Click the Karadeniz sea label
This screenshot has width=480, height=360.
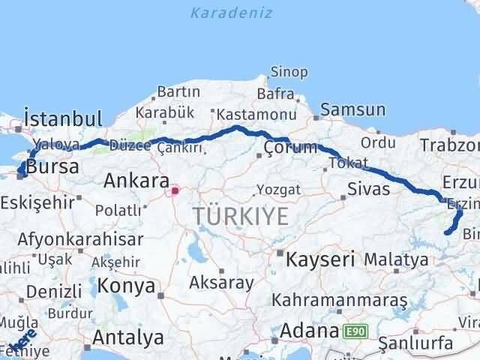[x=231, y=13]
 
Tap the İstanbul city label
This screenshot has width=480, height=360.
[x=63, y=118]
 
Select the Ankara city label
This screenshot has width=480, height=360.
[x=136, y=180]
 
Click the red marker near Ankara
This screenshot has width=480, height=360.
[x=175, y=190]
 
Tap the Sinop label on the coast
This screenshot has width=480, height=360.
[x=289, y=73]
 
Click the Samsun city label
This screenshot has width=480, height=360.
[x=353, y=110]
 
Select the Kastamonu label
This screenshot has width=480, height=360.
[x=247, y=115]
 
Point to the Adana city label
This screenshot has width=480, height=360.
[x=310, y=330]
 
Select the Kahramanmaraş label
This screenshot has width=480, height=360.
[x=340, y=300]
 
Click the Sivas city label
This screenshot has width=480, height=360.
[x=369, y=188]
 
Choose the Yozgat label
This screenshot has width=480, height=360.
[x=278, y=188]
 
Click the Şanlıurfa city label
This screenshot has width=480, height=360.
[x=416, y=343]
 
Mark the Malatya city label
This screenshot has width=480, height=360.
[x=397, y=259]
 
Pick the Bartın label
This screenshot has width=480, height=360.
[x=178, y=92]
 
